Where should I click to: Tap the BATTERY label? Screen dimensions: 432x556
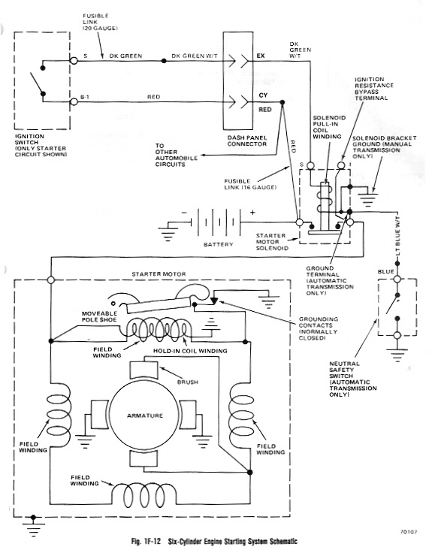(218, 244)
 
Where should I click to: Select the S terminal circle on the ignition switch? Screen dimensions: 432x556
(74, 61)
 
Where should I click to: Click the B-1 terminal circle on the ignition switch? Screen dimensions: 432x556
(74, 102)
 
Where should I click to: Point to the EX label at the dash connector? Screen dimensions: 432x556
(261, 56)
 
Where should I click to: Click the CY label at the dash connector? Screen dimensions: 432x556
(263, 95)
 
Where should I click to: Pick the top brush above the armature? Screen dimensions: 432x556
(143, 370)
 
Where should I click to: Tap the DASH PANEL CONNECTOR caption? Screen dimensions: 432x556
(247, 141)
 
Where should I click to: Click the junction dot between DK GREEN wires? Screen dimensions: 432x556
(164, 61)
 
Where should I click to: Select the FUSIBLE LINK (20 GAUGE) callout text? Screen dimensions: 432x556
(100, 22)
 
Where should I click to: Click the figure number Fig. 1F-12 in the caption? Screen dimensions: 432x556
(146, 542)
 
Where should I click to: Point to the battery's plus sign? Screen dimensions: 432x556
(252, 213)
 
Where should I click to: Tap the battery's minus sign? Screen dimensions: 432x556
(184, 213)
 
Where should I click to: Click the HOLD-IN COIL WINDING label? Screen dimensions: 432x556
(190, 351)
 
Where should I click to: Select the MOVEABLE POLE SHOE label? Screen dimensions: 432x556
(99, 316)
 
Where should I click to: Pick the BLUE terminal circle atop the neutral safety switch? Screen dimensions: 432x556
(397, 280)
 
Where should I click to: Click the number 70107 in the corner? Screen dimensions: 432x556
(409, 532)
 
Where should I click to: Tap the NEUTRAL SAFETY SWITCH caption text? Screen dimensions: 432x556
(353, 379)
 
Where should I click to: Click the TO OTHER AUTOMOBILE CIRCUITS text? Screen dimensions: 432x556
(177, 155)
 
